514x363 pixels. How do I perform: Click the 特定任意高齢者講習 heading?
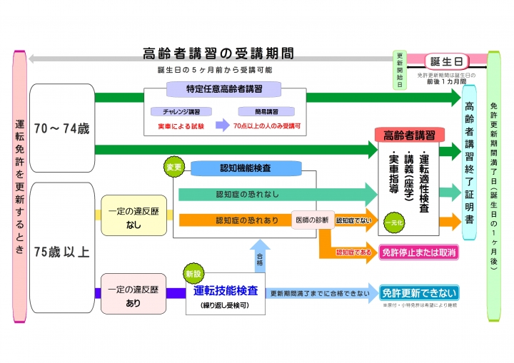pyautogui.click(x=224, y=89)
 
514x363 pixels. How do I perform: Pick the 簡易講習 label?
pyautogui.click(x=267, y=111)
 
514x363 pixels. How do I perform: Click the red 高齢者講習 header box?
pyautogui.click(x=409, y=135)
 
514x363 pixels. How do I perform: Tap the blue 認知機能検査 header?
pyautogui.click(x=246, y=168)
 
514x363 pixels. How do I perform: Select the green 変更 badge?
pyautogui.click(x=174, y=167)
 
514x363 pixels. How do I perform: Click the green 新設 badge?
pyautogui.click(x=193, y=273)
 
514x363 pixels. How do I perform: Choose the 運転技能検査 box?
pyautogui.click(x=226, y=295)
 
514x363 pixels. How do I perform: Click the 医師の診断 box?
pyautogui.click(x=311, y=220)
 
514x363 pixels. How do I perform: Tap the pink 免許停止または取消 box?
pyautogui.click(x=418, y=252)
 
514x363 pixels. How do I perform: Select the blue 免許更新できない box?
pyautogui.click(x=419, y=292)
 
